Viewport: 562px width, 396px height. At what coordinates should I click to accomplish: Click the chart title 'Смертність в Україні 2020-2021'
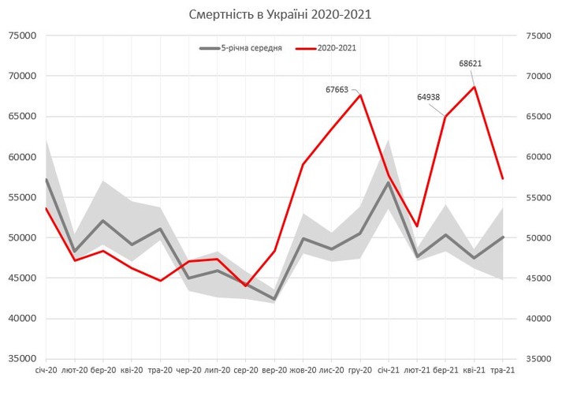coord(281,14)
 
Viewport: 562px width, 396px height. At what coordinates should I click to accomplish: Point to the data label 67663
coord(337,90)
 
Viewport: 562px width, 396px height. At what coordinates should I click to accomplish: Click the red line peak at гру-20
coord(360,95)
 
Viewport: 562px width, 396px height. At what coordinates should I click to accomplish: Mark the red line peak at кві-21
coord(474,87)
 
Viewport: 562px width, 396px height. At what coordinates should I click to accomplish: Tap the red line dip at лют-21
coord(417,226)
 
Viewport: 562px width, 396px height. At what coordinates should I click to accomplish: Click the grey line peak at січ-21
coord(389,182)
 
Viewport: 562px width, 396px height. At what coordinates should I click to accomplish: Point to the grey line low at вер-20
coord(274,299)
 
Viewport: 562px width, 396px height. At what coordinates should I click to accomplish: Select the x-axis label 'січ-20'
coord(47,369)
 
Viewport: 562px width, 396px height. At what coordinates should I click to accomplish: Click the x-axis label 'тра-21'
coord(502,369)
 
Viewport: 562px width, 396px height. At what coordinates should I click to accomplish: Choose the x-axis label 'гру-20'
coord(360,369)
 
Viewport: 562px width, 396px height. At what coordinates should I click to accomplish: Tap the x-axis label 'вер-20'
coord(274,369)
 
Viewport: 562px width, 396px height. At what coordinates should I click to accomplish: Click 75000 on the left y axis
coord(22,35)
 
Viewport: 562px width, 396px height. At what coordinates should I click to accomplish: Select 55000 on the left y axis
coord(22,197)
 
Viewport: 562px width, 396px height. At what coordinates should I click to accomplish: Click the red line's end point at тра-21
coord(502,178)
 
